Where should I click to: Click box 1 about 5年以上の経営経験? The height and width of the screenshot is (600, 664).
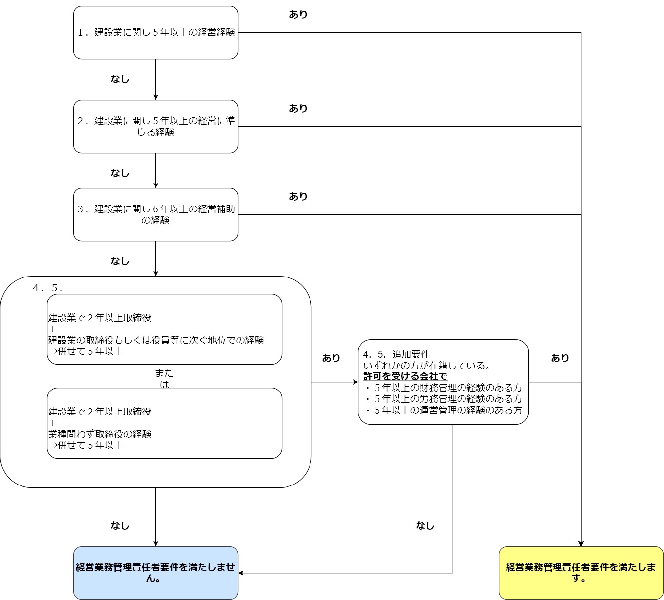[155, 33]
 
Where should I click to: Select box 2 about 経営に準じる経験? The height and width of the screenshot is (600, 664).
[155, 127]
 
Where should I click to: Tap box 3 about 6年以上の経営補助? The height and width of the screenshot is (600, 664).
[155, 215]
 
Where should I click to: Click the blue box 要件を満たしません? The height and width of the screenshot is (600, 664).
[155, 573]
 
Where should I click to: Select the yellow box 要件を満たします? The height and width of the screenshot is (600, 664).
[581, 573]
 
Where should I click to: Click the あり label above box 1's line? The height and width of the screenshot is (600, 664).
[298, 15]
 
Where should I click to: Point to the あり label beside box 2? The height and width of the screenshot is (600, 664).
[298, 109]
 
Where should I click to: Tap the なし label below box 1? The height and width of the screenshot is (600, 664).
[120, 79]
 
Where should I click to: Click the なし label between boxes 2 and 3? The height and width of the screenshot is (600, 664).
[120, 173]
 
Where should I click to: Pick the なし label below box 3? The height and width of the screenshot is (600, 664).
[120, 261]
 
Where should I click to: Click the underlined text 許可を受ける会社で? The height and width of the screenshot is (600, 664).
[405, 376]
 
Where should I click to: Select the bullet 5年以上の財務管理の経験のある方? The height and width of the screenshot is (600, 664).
[447, 388]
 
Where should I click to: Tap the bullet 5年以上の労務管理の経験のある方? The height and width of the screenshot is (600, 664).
[447, 399]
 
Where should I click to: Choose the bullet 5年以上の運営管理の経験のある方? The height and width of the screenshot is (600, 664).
[447, 410]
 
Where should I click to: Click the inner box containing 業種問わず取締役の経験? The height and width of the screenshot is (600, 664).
[164, 423]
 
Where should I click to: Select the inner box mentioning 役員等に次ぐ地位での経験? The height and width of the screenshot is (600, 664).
[164, 329]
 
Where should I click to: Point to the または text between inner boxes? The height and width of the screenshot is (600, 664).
[164, 378]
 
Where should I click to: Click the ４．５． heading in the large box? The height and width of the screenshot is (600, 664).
[48, 288]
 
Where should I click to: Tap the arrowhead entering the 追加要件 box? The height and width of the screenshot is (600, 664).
[355, 382]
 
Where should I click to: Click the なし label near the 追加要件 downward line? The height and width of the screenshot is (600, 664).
[425, 526]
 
